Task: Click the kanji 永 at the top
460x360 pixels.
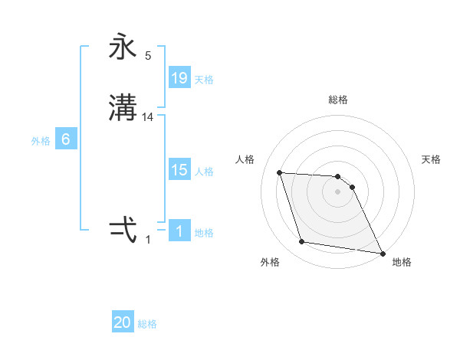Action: tap(123, 48)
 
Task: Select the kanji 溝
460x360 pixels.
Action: tap(123, 108)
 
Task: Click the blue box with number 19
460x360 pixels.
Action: tap(179, 78)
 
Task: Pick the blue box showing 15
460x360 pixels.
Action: tap(179, 170)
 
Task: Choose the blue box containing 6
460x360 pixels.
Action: tap(66, 139)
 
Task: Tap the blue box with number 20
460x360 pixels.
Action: tap(123, 323)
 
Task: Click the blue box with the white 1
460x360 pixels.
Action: tap(179, 231)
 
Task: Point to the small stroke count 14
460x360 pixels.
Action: tap(148, 117)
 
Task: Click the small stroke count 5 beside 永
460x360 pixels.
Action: tap(148, 56)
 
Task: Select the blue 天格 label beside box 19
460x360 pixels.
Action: tap(204, 80)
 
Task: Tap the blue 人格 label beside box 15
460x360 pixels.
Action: tap(204, 172)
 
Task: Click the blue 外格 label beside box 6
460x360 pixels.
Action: tap(41, 141)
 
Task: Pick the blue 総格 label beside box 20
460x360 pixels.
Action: tap(147, 325)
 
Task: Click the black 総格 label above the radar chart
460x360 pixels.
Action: tap(338, 100)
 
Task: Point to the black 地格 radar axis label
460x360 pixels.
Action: tap(402, 263)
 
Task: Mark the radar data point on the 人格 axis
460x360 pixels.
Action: tap(279, 172)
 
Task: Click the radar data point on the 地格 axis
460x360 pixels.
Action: tap(383, 254)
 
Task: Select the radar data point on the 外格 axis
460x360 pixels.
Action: tap(302, 242)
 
